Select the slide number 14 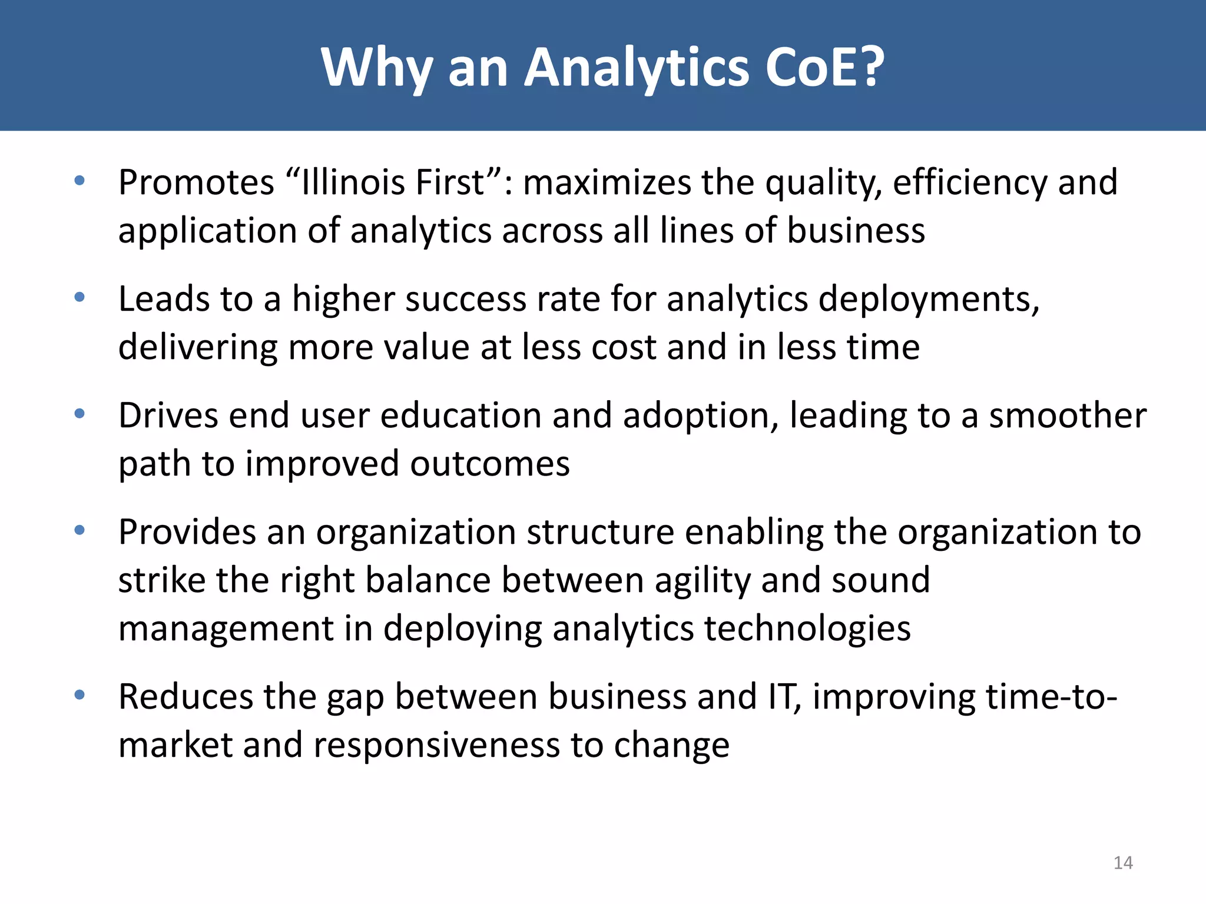point(1123,863)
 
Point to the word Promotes point(196,182)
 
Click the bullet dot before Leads point(79,298)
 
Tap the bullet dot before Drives point(79,414)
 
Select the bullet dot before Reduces point(79,696)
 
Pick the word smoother point(1068,416)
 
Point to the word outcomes point(490,464)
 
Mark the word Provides point(187,532)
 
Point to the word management point(226,628)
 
